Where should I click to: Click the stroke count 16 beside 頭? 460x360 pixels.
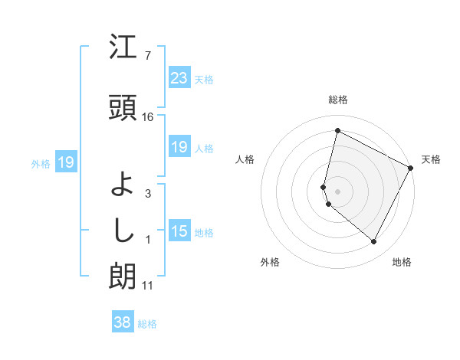click(x=148, y=117)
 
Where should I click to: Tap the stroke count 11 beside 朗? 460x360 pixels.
click(x=147, y=286)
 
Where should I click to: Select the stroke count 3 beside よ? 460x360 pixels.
click(x=147, y=194)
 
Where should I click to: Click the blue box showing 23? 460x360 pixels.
click(x=179, y=78)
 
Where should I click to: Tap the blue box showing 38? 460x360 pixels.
click(x=123, y=323)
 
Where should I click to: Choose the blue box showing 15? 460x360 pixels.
click(x=179, y=231)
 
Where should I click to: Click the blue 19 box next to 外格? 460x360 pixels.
click(x=66, y=162)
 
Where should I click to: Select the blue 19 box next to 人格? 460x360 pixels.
click(x=179, y=147)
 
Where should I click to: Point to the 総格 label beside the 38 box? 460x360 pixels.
click(x=147, y=324)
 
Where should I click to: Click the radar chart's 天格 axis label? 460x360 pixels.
click(x=432, y=159)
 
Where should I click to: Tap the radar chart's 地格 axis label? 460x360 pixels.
click(x=402, y=263)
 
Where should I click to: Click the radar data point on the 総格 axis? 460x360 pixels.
click(x=337, y=131)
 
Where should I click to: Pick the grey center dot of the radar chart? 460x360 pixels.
click(x=337, y=191)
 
